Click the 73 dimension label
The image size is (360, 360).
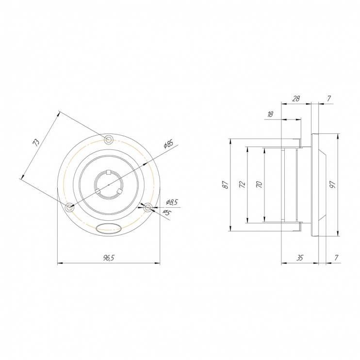36,142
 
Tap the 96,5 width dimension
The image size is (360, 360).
109,258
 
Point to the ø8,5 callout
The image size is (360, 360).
172,202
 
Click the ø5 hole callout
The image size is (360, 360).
167,213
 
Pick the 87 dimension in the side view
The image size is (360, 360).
226,185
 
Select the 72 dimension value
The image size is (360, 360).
242,184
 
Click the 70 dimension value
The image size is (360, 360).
259,184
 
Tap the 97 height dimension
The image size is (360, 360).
333,184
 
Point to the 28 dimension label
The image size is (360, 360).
296,98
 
